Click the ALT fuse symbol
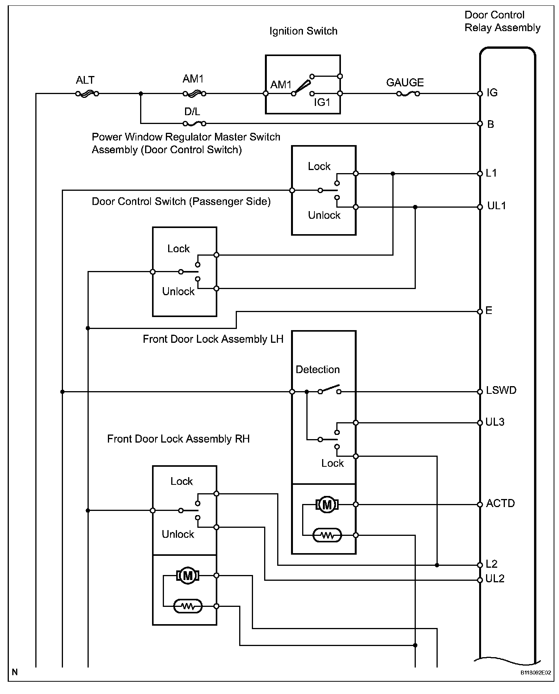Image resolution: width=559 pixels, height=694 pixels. pyautogui.click(x=87, y=93)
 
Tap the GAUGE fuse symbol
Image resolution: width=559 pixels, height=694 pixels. pyautogui.click(x=408, y=93)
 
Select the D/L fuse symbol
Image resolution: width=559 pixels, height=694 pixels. pyautogui.click(x=194, y=124)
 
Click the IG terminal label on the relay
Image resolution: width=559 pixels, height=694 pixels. pyautogui.click(x=492, y=93)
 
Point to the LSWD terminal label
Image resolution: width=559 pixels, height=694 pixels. pyautogui.click(x=501, y=390)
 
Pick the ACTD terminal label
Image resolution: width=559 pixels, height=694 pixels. pyautogui.click(x=500, y=503)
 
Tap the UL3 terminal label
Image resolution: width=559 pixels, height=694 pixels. pyautogui.click(x=495, y=422)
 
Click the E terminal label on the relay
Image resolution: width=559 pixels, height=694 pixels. pyautogui.click(x=489, y=311)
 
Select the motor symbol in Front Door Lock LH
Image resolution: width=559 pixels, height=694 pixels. pyautogui.click(x=327, y=505)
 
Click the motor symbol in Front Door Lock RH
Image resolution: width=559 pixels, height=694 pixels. pyautogui.click(x=187, y=576)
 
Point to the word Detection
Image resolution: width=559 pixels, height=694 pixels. pyautogui.click(x=318, y=370)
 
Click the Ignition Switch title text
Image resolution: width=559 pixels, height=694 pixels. pyautogui.click(x=303, y=31)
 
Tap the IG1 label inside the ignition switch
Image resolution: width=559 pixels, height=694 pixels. pyautogui.click(x=322, y=102)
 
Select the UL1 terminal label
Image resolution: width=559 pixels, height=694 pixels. pyautogui.click(x=496, y=206)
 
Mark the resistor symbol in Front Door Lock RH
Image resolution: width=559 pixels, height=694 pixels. pyautogui.click(x=187, y=606)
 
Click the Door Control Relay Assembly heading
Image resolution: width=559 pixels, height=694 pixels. pyautogui.click(x=502, y=21)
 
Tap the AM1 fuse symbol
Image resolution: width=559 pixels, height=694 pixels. pyautogui.click(x=194, y=93)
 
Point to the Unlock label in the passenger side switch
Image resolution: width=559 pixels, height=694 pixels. pyautogui.click(x=179, y=291)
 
